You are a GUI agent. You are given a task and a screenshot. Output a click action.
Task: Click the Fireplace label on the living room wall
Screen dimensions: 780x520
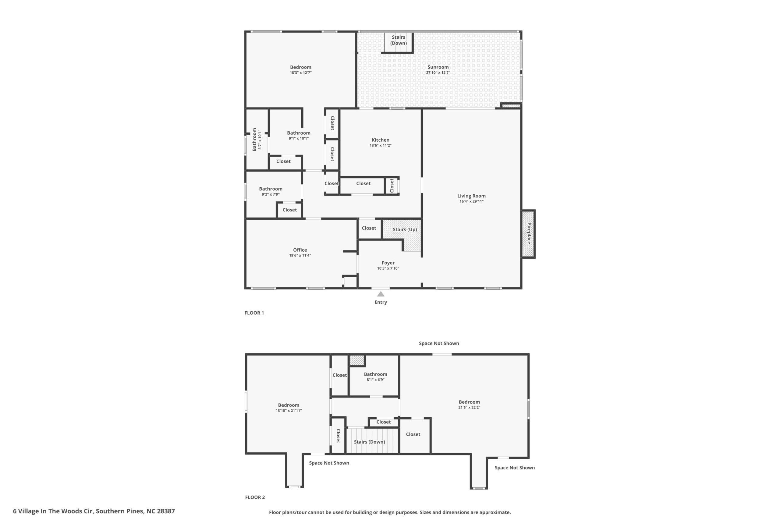click(x=529, y=234)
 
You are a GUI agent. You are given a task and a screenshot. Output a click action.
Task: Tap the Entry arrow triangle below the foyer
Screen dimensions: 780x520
click(x=381, y=294)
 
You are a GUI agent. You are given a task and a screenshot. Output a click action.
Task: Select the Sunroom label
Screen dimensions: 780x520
click(x=438, y=67)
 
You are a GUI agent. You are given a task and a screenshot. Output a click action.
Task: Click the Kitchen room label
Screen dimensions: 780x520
click(x=380, y=140)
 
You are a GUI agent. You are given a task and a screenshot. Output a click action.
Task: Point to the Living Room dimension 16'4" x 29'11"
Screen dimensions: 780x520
click(x=471, y=201)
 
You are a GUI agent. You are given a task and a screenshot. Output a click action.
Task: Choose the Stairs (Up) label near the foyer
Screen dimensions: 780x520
click(x=405, y=229)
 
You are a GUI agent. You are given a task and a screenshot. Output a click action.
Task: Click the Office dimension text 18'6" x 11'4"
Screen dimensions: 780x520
click(x=300, y=255)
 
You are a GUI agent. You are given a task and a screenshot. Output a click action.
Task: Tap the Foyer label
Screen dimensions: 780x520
click(x=388, y=263)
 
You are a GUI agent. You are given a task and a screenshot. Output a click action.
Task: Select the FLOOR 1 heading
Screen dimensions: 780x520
click(x=254, y=313)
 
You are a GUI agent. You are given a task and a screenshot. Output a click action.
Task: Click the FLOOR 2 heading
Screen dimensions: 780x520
click(x=255, y=497)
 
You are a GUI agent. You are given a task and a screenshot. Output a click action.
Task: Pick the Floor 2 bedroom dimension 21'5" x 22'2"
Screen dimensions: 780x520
click(x=469, y=408)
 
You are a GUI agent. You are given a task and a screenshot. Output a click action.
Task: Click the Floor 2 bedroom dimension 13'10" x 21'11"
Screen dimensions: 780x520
click(x=289, y=411)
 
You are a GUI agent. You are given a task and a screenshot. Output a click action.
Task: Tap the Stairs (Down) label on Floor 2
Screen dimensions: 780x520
click(x=370, y=442)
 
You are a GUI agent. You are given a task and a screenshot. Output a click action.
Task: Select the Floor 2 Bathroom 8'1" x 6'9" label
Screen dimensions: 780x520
click(x=375, y=377)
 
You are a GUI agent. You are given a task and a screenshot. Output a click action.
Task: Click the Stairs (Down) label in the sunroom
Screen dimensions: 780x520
click(x=398, y=40)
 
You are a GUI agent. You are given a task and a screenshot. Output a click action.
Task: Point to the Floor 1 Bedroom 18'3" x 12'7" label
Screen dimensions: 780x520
click(x=300, y=70)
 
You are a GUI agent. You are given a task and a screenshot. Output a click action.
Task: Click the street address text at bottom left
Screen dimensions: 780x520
click(x=94, y=511)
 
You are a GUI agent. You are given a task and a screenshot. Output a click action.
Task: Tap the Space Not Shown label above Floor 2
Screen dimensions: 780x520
click(x=439, y=343)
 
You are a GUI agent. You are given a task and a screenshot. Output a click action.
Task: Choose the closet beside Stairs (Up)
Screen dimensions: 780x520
click(x=369, y=228)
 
